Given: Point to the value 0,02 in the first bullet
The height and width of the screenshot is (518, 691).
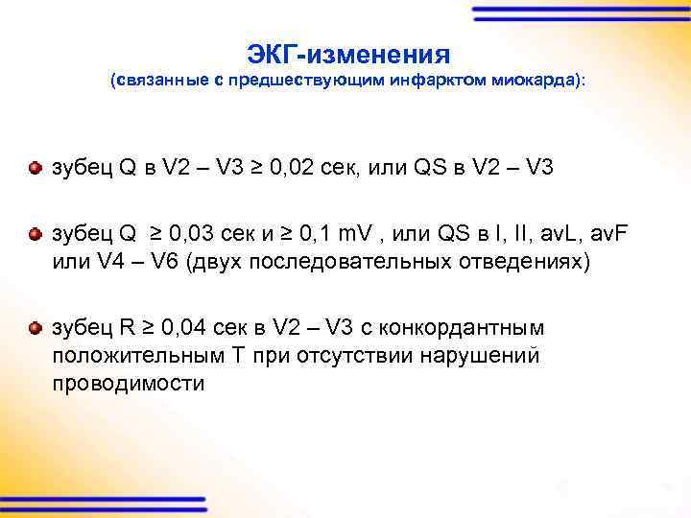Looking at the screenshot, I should pos(294,169).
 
